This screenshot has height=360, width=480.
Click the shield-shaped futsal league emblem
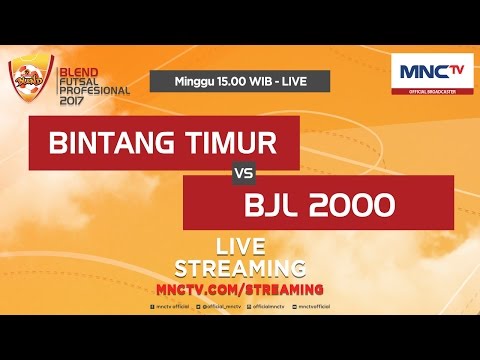click(27, 78)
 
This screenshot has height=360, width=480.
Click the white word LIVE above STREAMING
click(240, 248)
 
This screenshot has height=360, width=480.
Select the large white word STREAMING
click(240, 267)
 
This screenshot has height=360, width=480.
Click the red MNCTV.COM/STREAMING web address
click(240, 287)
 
